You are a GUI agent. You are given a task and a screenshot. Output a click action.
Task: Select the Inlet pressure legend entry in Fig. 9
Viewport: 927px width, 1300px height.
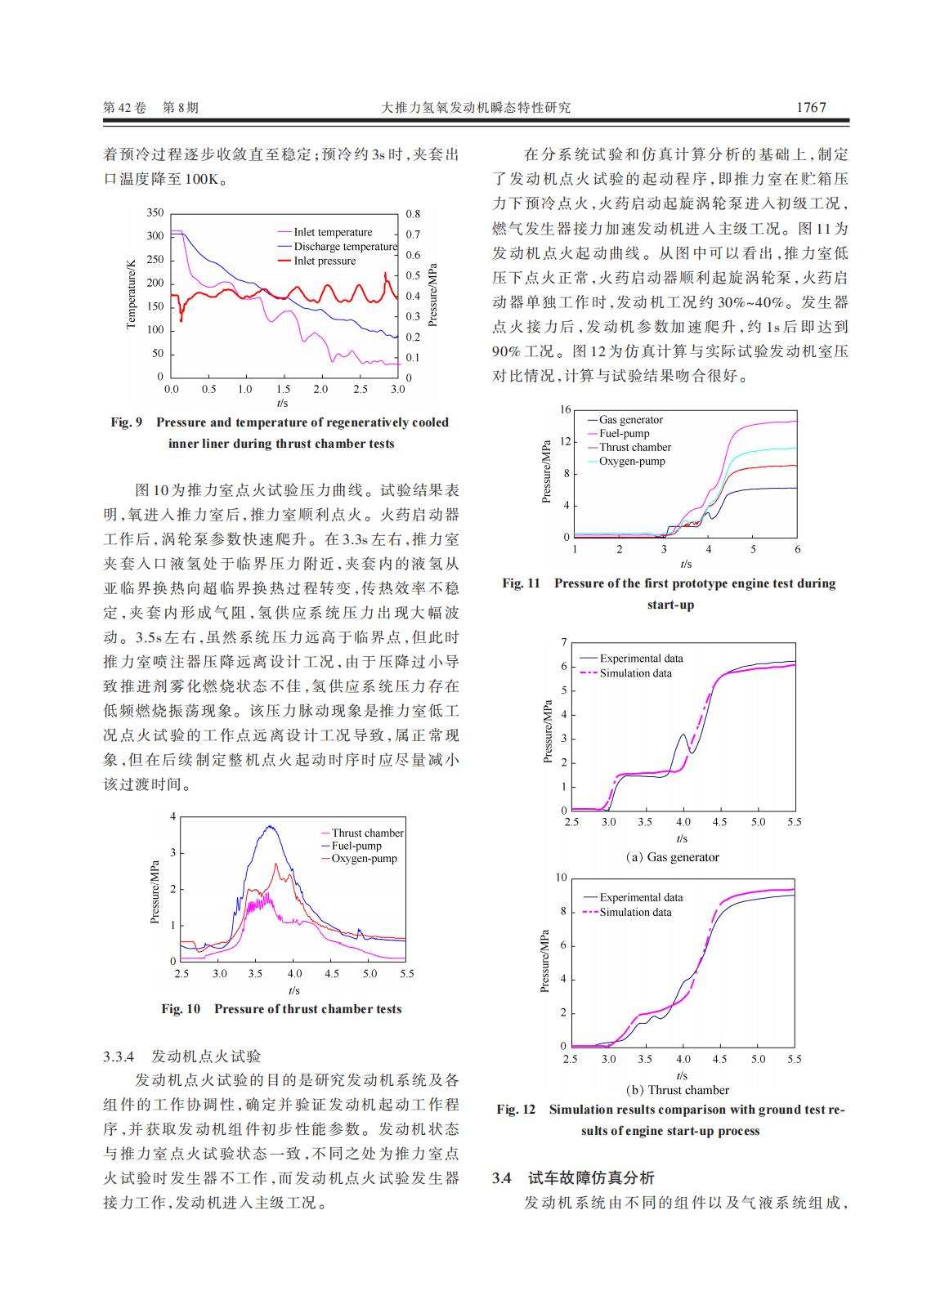[x=325, y=261]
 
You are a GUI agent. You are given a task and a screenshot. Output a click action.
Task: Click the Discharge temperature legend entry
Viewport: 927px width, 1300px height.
[x=345, y=247]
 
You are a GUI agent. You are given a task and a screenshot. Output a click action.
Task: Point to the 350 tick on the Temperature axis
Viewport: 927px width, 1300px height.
[x=154, y=212]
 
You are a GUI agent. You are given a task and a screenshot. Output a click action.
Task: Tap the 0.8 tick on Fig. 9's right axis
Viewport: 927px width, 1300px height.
[x=413, y=214]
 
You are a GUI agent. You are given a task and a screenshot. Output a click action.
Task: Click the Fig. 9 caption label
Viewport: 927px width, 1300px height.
[x=127, y=422]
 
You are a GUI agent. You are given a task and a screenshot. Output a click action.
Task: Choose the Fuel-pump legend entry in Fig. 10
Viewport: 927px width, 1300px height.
[x=356, y=846]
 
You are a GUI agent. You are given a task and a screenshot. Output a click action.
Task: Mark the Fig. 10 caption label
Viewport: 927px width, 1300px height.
[x=181, y=1009]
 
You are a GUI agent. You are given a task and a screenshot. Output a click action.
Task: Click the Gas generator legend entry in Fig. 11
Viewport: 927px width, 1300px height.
[x=630, y=420]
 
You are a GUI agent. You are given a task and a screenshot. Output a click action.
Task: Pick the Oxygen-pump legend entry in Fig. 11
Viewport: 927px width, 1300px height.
[x=632, y=462]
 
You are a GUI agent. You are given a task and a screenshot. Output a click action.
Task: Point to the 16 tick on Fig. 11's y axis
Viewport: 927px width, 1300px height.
[x=565, y=409]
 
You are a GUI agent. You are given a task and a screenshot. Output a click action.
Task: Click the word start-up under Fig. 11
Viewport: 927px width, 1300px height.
[x=670, y=605]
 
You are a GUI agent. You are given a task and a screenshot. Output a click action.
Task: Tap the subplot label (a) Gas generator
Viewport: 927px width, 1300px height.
[x=672, y=857]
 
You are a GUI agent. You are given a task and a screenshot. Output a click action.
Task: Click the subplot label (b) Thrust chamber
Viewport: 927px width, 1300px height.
[x=677, y=1090]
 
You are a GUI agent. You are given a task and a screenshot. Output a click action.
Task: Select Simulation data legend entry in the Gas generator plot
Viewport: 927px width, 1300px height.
[x=635, y=673]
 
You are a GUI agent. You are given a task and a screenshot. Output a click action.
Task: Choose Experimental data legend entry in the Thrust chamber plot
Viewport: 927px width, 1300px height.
[x=641, y=897]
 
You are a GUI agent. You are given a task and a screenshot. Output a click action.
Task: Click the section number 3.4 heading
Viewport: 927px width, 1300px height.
[x=501, y=1178]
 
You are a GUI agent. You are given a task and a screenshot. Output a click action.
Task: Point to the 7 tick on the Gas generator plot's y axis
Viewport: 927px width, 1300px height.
[x=563, y=642]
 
